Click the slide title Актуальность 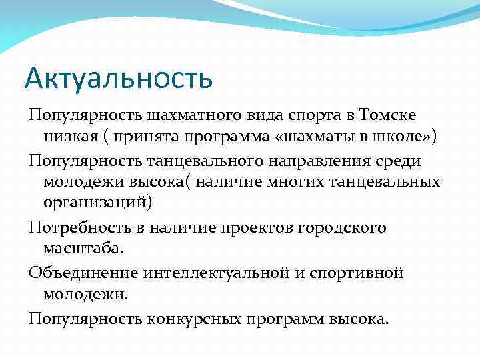point(119,78)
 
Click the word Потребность point(72,228)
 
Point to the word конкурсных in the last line point(190,319)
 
